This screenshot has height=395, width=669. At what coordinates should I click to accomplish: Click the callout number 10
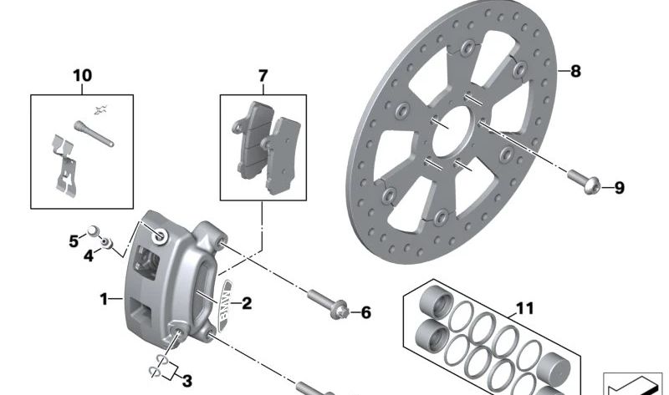click(x=83, y=76)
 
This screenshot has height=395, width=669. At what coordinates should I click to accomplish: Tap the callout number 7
click(x=263, y=76)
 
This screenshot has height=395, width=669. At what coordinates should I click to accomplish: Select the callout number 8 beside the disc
click(x=575, y=71)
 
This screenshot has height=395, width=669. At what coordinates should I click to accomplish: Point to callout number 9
click(x=619, y=188)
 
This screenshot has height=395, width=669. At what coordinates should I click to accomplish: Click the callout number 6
click(x=365, y=313)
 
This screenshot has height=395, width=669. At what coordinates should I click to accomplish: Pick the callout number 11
click(x=523, y=309)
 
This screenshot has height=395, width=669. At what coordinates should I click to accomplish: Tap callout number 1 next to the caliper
click(x=104, y=298)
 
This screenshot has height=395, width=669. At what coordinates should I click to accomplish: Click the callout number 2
click(x=247, y=303)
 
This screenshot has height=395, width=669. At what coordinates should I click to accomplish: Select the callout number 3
click(x=186, y=382)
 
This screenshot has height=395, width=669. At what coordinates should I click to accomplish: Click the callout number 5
click(x=74, y=241)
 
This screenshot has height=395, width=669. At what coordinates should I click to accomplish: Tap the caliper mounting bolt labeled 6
click(x=327, y=301)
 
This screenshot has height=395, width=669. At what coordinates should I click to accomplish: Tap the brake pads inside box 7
click(x=266, y=141)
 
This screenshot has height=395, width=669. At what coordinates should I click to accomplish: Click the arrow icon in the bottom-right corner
click(x=633, y=385)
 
